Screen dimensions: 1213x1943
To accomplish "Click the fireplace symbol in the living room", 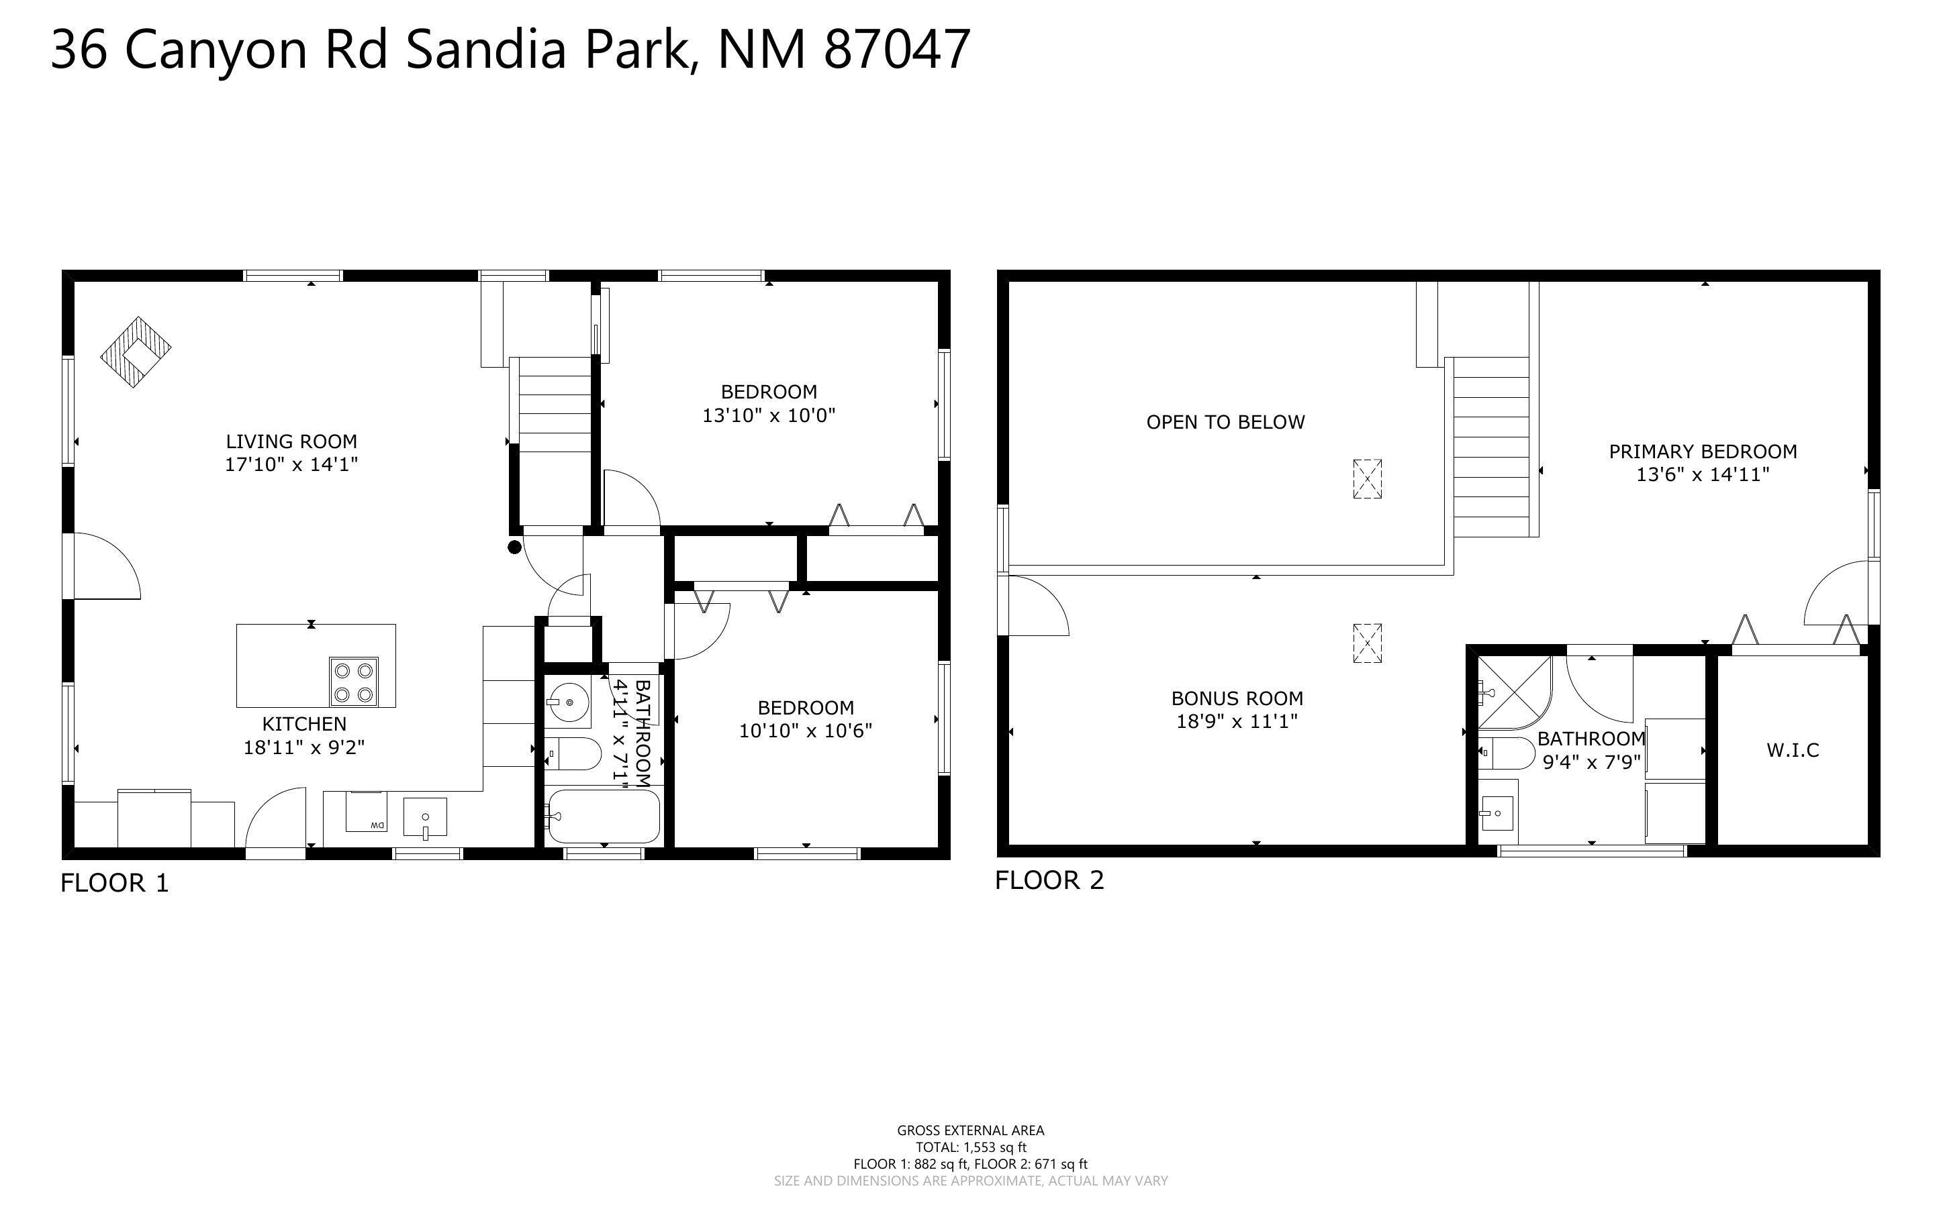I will [x=136, y=352].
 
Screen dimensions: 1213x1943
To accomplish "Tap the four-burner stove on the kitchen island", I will [x=354, y=682].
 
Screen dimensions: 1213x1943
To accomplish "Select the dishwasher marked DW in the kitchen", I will [x=366, y=811].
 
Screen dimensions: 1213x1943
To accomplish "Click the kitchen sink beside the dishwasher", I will [x=424, y=817].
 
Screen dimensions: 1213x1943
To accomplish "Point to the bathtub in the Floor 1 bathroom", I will [x=604, y=816].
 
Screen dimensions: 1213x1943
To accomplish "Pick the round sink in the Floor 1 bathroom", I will [x=568, y=702].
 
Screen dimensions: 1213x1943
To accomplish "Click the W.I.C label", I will [x=1792, y=750].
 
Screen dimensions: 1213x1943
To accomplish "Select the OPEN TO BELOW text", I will [x=1225, y=422].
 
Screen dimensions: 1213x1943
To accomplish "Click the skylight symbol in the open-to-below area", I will [x=1367, y=479].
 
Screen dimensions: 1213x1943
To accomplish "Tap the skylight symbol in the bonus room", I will [x=1367, y=643].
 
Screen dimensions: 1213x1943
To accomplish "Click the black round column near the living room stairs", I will [x=514, y=547].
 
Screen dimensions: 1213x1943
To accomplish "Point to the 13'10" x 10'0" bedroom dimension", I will [x=768, y=415].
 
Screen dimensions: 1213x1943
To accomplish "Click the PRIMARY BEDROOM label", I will [x=1702, y=452].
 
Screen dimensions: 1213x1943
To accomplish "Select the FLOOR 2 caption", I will [x=1049, y=880].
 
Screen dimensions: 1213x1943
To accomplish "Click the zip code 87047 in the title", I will [x=896, y=50].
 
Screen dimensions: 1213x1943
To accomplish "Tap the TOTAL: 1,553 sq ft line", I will [x=970, y=1147].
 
